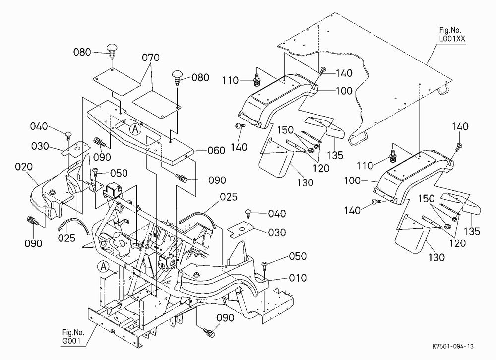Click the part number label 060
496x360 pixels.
click(x=216, y=151)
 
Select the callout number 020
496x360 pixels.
click(x=24, y=167)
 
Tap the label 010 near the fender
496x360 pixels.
click(x=298, y=278)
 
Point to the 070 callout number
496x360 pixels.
click(x=151, y=58)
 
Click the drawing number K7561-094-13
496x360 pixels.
click(x=453, y=346)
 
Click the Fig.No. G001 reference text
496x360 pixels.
click(x=73, y=337)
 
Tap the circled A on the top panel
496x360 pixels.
click(x=135, y=129)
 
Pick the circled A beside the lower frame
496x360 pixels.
click(x=104, y=267)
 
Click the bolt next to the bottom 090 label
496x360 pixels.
click(x=209, y=332)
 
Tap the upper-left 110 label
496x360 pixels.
click(x=230, y=81)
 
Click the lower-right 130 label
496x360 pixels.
click(x=436, y=257)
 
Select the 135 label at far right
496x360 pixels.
click(x=472, y=231)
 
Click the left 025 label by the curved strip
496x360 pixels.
click(x=67, y=238)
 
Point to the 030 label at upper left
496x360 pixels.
click(x=40, y=146)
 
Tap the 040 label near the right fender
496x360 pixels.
click(x=277, y=214)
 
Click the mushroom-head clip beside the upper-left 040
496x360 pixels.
click(x=68, y=135)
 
